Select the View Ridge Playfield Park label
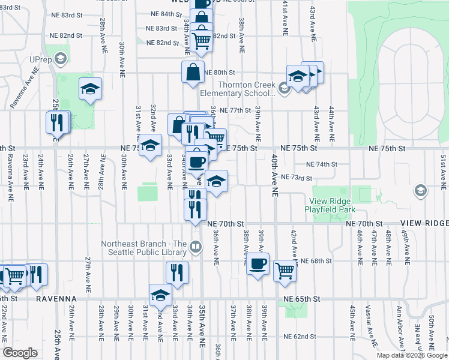[x=333, y=205]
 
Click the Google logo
[x=20, y=353]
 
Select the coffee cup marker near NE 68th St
[x=258, y=264]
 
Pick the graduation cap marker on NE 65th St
[x=161, y=295]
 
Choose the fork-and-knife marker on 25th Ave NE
[x=58, y=122]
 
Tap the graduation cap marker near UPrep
[x=90, y=89]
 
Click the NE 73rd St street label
[x=297, y=178]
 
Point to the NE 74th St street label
[x=322, y=164]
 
